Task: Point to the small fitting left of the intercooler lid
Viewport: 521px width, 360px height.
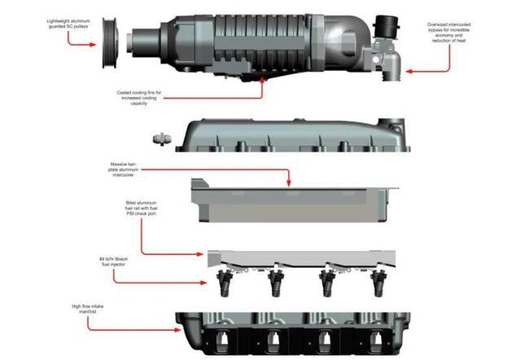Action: pos(160,135)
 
